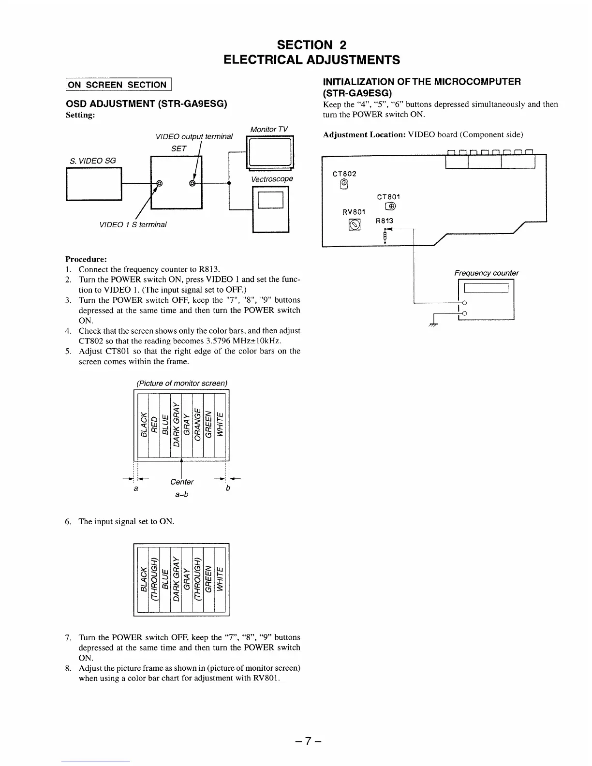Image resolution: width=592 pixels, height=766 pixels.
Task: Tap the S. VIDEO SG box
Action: [x=93, y=183]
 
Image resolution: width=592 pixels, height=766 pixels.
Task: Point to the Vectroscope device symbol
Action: [x=271, y=209]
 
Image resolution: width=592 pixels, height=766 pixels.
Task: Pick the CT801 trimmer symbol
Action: [x=390, y=207]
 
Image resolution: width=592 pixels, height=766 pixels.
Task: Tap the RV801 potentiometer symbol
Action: [x=355, y=225]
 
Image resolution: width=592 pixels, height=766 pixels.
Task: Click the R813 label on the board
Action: [x=385, y=221]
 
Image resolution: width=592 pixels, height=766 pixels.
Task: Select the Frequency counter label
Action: [x=486, y=273]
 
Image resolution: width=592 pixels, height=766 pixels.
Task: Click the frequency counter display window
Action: [x=486, y=289]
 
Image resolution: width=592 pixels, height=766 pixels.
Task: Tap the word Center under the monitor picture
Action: [x=182, y=482]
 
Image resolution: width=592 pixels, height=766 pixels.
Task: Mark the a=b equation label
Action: [x=181, y=494]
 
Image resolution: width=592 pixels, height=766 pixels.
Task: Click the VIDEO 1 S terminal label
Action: [x=133, y=224]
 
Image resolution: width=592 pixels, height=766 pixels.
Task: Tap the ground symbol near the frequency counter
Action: [x=432, y=325]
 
